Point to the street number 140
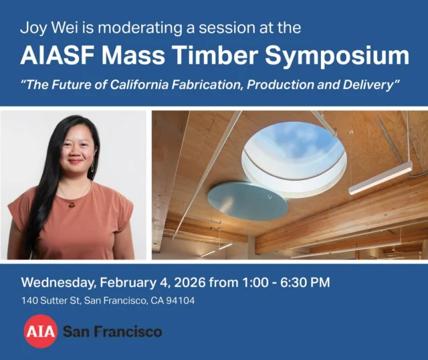pos(29,301)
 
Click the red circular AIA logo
pos(39,331)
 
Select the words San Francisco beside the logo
pos(112,331)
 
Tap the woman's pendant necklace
pos(70,204)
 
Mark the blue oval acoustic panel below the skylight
pos(247,200)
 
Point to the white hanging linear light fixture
pos(380,178)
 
